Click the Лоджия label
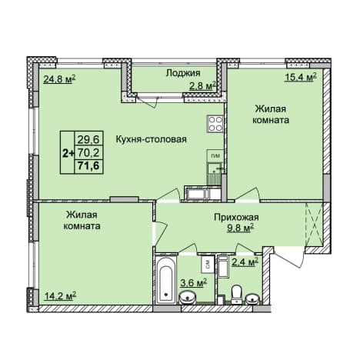click(x=183, y=73)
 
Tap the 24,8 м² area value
click(x=59, y=79)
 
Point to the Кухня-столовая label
click(x=152, y=139)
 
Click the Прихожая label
click(x=236, y=218)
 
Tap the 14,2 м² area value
click(x=61, y=296)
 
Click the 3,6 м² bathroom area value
click(x=193, y=283)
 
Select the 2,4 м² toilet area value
click(x=245, y=262)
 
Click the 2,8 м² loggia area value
click(x=202, y=86)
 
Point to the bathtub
click(x=166, y=281)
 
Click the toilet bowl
click(x=236, y=294)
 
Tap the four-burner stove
click(x=215, y=124)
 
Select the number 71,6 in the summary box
click(x=88, y=165)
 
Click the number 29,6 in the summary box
click(x=88, y=139)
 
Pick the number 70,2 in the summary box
click(x=88, y=153)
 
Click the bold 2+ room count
click(x=68, y=153)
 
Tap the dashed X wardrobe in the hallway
click(x=313, y=225)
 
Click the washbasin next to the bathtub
click(x=189, y=298)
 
